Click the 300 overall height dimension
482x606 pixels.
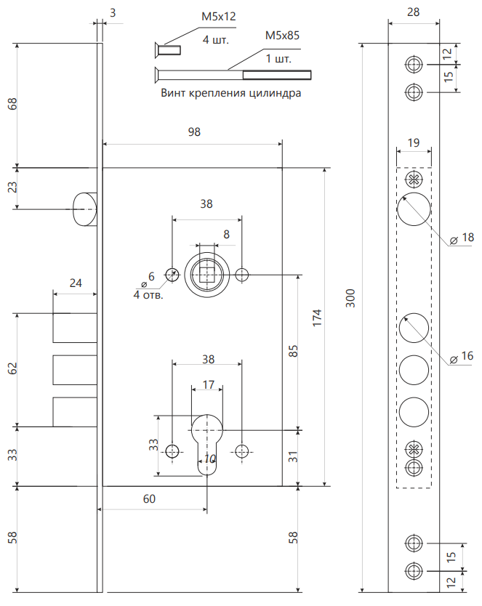350,297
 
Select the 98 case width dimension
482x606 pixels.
193,132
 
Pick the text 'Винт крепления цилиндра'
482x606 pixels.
230,93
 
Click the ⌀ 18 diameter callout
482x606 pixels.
463,238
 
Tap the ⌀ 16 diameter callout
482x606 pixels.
463,357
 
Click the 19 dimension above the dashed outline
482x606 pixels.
413,143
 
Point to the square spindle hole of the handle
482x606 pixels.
207,274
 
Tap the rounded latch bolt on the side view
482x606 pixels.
84,209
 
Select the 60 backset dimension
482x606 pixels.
148,498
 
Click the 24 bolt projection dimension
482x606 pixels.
74,283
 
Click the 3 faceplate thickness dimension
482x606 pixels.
112,12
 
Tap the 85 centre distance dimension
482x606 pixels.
293,352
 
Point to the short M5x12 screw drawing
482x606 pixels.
166,52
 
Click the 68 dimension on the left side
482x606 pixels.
12,103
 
